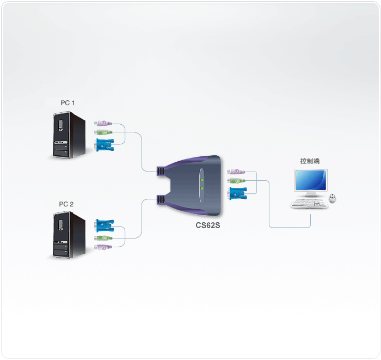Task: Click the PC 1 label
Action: coord(68,102)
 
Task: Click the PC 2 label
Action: coord(66,204)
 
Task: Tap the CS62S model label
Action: coord(207,224)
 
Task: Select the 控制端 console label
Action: coord(310,161)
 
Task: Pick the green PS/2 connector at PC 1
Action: coord(103,132)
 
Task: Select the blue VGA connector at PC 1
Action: coord(104,144)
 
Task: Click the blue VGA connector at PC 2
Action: coord(104,225)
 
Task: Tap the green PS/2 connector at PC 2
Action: coord(103,239)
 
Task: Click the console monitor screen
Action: coord(311,181)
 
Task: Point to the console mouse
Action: coord(333,199)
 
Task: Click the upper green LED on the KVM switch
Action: coord(201,180)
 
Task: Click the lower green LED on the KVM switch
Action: coord(201,189)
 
